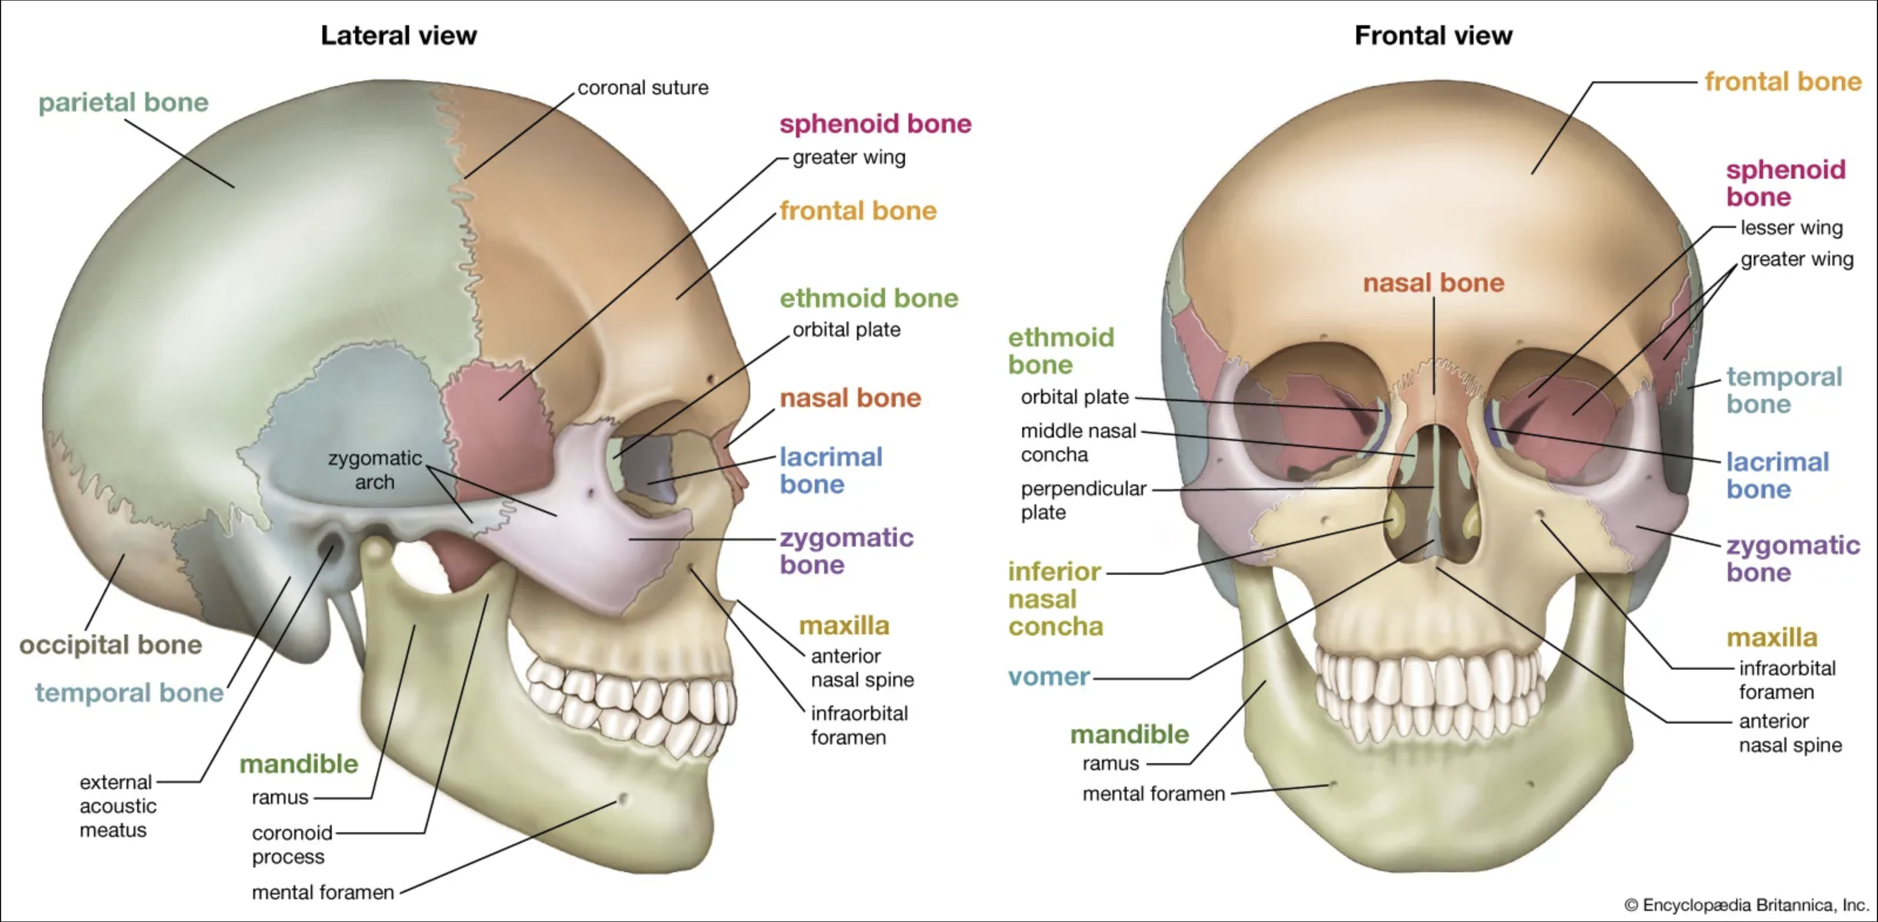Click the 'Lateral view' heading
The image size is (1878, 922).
(398, 35)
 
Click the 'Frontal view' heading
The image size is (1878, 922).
(1433, 35)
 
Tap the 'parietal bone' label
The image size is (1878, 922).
(123, 102)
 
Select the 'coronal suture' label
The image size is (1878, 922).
(642, 87)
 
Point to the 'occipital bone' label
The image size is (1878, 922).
(110, 644)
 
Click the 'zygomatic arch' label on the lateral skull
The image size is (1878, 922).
(375, 470)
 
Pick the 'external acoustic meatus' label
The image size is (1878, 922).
(117, 805)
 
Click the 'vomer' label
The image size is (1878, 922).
(1049, 677)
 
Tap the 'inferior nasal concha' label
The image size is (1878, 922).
(1055, 599)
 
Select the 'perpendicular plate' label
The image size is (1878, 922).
(1083, 500)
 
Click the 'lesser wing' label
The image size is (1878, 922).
(1791, 227)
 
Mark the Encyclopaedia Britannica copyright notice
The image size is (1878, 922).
(1746, 904)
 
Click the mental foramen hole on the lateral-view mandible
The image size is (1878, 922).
(623, 800)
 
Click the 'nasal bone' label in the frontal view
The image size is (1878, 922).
(1433, 283)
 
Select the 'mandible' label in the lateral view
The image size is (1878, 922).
(299, 764)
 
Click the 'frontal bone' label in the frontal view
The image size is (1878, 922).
(1782, 81)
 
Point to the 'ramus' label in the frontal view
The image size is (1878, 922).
(1110, 763)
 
